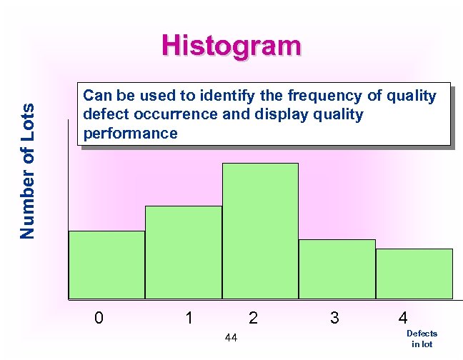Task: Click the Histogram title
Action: pos(231,46)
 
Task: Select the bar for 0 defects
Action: pos(106,264)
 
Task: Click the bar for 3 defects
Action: pos(337,269)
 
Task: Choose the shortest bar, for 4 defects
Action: pos(414,273)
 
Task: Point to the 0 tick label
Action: pos(99,318)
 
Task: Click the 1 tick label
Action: pos(188,318)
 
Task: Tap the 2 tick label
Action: pos(253,318)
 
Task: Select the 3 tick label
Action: pos(334,318)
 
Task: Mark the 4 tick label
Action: pos(404,318)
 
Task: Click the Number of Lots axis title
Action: pos(27,170)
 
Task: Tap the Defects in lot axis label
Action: pos(422,339)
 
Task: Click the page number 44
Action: pos(231,336)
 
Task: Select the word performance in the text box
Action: pos(130,134)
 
